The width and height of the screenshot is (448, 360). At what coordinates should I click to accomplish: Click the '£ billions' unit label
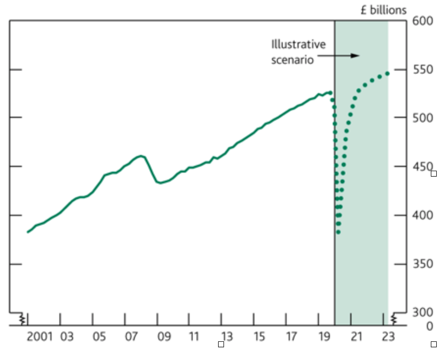pyautogui.click(x=384, y=10)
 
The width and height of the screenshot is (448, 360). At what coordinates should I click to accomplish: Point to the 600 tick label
pyautogui.click(x=422, y=21)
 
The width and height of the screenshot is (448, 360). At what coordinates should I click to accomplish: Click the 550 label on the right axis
pyautogui.click(x=422, y=70)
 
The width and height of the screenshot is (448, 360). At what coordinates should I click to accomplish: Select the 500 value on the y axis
pyautogui.click(x=422, y=118)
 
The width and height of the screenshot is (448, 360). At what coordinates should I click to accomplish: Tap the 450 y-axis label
pyautogui.click(x=422, y=167)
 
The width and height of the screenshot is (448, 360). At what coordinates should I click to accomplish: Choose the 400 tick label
pyautogui.click(x=422, y=215)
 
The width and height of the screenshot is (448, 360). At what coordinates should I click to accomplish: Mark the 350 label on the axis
pyautogui.click(x=422, y=264)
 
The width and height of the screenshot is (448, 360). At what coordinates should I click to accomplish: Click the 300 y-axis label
pyautogui.click(x=422, y=312)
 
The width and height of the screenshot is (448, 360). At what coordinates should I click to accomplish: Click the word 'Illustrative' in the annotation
pyautogui.click(x=299, y=45)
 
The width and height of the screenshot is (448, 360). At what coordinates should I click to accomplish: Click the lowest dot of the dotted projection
pyautogui.click(x=338, y=232)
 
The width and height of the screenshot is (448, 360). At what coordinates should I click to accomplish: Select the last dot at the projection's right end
pyautogui.click(x=387, y=74)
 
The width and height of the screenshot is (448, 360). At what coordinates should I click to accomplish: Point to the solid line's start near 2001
pyautogui.click(x=28, y=231)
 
